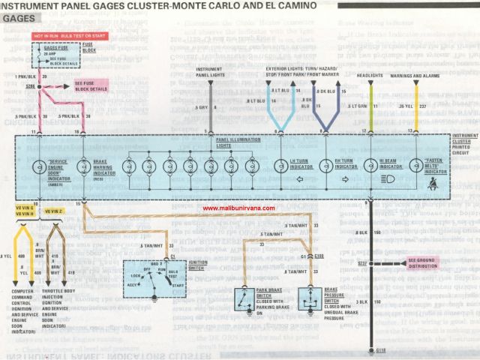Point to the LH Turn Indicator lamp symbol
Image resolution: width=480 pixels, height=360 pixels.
point(279,166)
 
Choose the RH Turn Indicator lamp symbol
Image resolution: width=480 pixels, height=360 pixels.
point(325,166)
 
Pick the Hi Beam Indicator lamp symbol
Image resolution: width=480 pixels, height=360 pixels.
point(370,166)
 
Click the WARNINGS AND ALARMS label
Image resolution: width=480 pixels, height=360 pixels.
point(415,76)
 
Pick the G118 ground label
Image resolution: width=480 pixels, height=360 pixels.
point(379,350)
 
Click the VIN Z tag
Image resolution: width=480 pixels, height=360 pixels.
point(54,212)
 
